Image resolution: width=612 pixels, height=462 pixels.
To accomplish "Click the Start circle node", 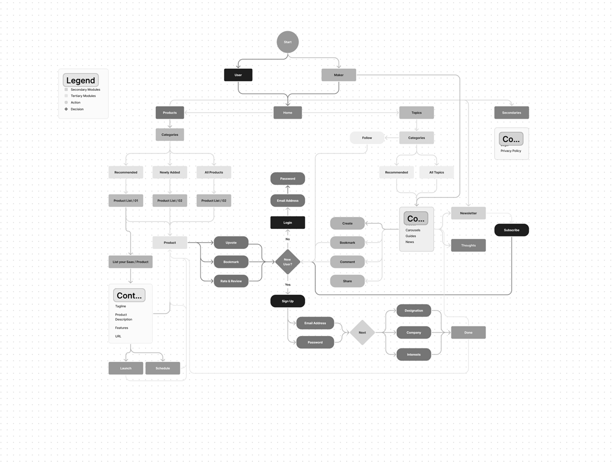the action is pos(287,42).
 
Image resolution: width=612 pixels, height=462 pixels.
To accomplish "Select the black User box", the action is pos(238,75).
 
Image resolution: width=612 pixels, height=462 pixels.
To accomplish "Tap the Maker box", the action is pos(339,75).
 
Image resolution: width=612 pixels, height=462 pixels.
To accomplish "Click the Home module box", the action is pos(287,113).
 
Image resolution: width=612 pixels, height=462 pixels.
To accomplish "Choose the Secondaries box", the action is pos(511,113).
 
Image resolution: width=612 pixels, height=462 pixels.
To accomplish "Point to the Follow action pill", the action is pos(367,138).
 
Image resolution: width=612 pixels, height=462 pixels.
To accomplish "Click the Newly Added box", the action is pos(170,172).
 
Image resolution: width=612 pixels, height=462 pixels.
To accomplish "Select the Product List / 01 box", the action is pos(126,201).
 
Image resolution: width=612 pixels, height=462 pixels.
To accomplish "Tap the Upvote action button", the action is pos(231,243).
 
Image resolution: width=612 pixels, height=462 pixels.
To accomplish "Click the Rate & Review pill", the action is pos(231,281).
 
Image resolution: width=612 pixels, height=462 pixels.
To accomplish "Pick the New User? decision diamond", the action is pos(287,262).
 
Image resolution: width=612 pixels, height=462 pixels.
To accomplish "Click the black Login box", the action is pos(287,223).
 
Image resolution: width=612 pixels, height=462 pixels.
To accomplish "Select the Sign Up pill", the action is pos(287,301).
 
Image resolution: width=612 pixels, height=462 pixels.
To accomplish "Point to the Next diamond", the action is pos(362,333).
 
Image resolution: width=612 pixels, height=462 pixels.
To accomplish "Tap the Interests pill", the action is pos(413,355).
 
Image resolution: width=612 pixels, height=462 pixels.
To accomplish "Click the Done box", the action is pos(468,333).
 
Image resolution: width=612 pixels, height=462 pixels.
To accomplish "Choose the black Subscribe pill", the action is pos(511,230).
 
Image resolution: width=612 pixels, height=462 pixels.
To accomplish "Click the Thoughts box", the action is pos(468,246).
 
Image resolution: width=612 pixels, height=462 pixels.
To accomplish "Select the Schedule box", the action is pos(163,368).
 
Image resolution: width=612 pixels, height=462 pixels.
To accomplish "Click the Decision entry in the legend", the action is pos(77,109).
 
